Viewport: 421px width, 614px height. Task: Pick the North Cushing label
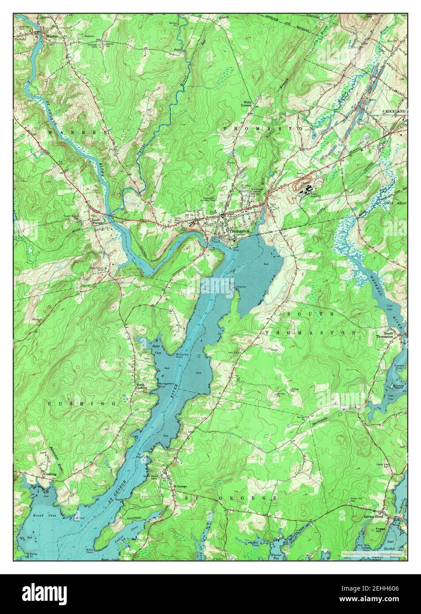point(140,386)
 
